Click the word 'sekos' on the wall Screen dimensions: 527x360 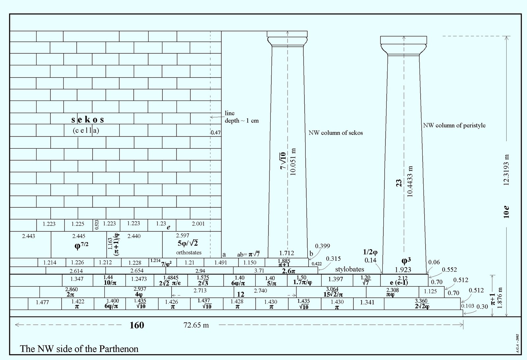(88, 119)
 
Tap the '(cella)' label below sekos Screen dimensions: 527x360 (86, 131)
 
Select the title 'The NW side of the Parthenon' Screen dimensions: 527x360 (79, 349)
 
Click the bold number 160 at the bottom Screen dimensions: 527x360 (137, 325)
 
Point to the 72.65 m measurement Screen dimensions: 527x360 (196, 325)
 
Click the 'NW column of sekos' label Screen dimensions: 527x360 (336, 133)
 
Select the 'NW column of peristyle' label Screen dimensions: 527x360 (454, 125)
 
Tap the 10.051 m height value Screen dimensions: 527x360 (293, 162)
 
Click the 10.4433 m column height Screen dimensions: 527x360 (410, 182)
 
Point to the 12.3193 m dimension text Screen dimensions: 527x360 (507, 170)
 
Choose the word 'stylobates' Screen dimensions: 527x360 (349, 269)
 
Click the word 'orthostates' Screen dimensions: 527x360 (189, 253)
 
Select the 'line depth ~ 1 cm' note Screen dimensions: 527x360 (241, 117)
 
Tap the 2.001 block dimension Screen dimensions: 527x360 (198, 224)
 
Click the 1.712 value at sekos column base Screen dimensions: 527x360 (286, 253)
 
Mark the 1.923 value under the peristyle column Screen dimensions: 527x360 (403, 270)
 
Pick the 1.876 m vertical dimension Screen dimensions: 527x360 (500, 298)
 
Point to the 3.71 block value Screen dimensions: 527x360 (259, 271)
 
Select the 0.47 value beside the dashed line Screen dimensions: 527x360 (215, 133)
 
